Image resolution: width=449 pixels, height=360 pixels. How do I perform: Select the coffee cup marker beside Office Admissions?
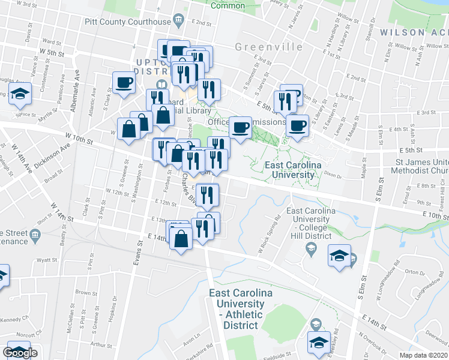click(240, 127)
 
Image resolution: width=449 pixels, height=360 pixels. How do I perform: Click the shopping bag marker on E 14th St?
click(181, 239)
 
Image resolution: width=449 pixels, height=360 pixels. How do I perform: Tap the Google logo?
click(20, 353)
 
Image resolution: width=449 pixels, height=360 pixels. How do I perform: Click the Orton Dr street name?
click(414, 272)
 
